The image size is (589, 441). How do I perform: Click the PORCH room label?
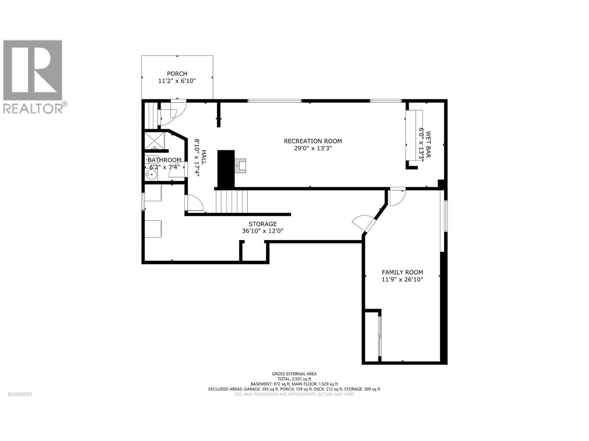click(x=177, y=74)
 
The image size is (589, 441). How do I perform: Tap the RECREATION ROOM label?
click(x=313, y=141)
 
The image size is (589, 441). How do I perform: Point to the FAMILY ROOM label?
click(x=402, y=272)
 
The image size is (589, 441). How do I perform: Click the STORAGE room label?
click(x=262, y=224)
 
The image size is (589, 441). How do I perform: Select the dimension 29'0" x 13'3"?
click(x=313, y=148)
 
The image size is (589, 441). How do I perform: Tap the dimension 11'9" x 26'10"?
click(x=402, y=280)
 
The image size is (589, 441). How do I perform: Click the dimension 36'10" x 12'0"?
click(x=262, y=231)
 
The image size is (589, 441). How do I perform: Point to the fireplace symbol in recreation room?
click(x=241, y=166)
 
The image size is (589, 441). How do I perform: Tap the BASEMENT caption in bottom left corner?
click(x=20, y=394)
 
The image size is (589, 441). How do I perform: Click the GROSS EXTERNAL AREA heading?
click(x=294, y=374)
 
